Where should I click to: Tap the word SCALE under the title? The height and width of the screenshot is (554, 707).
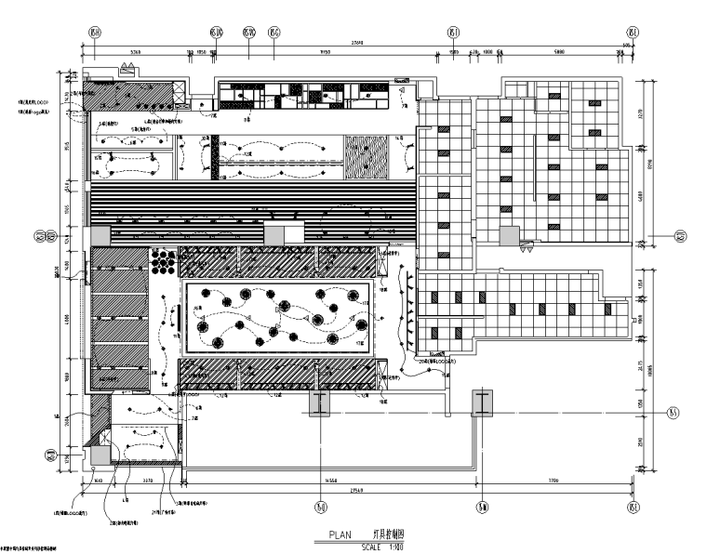pos(372,545)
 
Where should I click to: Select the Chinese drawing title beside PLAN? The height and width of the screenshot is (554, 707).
pos(388,535)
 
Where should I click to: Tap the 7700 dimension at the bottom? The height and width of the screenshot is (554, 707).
pos(554,480)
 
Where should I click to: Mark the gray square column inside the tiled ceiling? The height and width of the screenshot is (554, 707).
pos(508,236)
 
